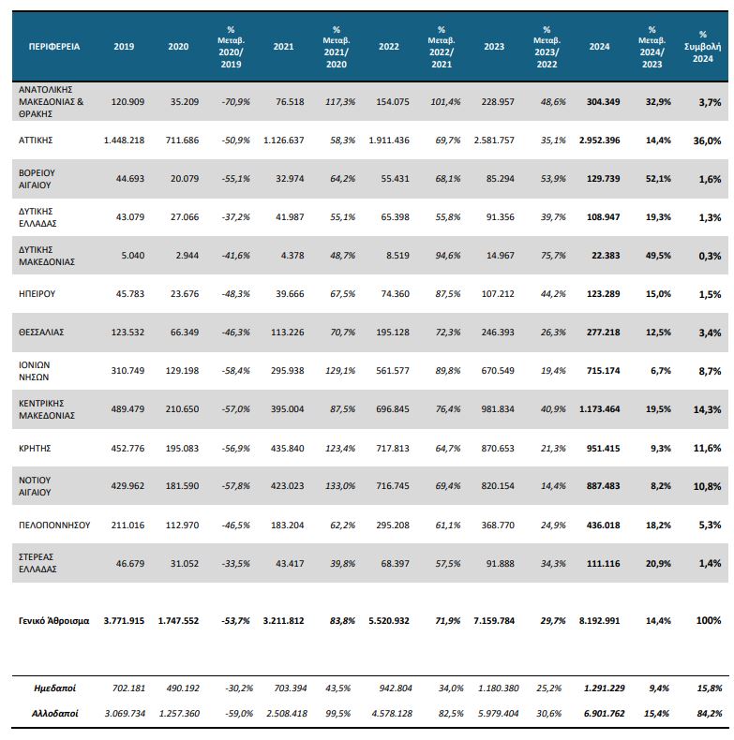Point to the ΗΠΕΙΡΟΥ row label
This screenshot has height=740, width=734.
[38, 293]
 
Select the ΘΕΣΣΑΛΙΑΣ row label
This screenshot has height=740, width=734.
[43, 332]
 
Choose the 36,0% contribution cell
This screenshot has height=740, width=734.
[708, 141]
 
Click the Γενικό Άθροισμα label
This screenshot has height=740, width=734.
[54, 620]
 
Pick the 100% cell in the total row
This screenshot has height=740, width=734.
[709, 620]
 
